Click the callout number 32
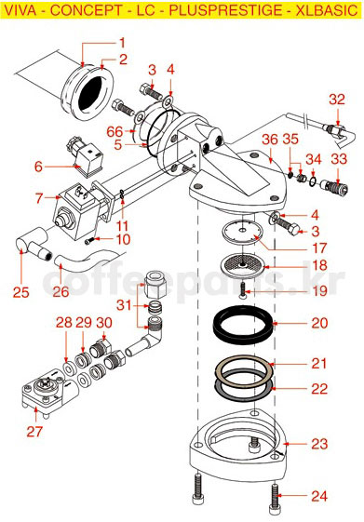pyautogui.click(x=337, y=100)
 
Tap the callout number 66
pyautogui.click(x=115, y=132)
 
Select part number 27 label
pyautogui.click(x=34, y=432)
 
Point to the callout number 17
pyautogui.click(x=319, y=248)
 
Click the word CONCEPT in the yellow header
pyautogui.click(x=87, y=10)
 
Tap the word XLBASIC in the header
pyautogui.click(x=327, y=10)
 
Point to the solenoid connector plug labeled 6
pyautogui.click(x=86, y=155)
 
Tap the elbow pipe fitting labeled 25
pyautogui.click(x=32, y=245)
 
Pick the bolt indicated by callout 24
pyautogui.click(x=275, y=499)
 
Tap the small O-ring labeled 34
pyautogui.click(x=313, y=181)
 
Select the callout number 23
pyautogui.click(x=319, y=444)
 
